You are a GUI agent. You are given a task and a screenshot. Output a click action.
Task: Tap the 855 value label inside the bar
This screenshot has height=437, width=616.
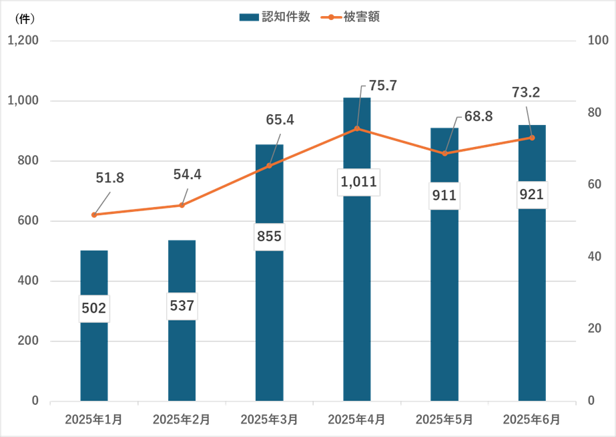click(x=270, y=237)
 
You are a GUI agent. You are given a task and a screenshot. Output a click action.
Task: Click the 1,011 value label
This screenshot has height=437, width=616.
click(x=358, y=181)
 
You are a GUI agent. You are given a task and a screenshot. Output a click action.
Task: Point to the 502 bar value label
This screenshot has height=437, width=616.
click(x=94, y=308)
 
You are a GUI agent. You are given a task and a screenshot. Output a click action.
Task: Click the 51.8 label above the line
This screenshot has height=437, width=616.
click(x=110, y=178)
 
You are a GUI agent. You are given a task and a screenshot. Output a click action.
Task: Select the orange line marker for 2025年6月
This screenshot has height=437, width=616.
click(x=532, y=138)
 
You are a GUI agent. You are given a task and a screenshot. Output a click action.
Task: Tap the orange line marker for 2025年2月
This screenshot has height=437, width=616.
click(x=182, y=205)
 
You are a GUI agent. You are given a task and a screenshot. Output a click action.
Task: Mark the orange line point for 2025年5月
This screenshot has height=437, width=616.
click(x=444, y=153)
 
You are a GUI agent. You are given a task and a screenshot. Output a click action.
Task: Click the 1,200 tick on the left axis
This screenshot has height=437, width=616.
click(x=23, y=41)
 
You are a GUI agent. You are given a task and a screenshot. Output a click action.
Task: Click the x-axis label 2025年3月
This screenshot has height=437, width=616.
click(x=269, y=420)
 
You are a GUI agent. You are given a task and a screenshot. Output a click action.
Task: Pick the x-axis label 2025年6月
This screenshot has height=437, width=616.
click(x=532, y=420)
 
